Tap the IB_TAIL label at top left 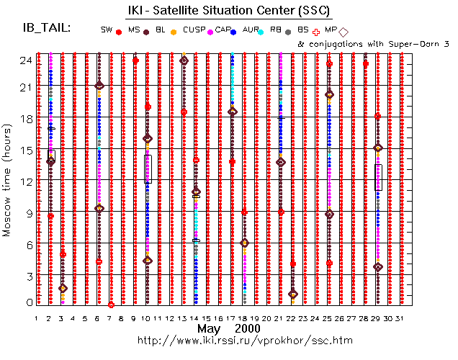pyautogui.click(x=47, y=28)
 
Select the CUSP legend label pyautogui.click(x=194, y=30)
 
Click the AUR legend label pyautogui.click(x=251, y=30)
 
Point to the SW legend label pyautogui.click(x=107, y=30)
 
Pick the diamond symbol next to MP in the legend pyautogui.click(x=343, y=32)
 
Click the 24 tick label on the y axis pyautogui.click(x=25, y=60)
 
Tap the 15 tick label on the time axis pyautogui.click(x=25, y=150)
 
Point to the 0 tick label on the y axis pyautogui.click(x=27, y=303)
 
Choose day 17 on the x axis pyautogui.click(x=232, y=318)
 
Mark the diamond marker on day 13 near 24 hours pyautogui.click(x=184, y=60)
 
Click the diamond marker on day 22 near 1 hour pyautogui.click(x=292, y=294)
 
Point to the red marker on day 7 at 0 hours pyautogui.click(x=111, y=305)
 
